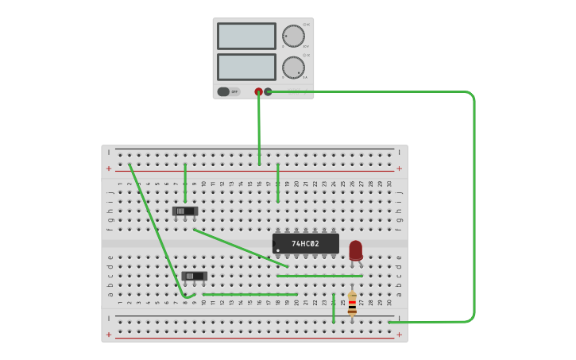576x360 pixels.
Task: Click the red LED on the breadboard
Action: (355, 250)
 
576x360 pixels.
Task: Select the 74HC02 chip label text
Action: (305, 244)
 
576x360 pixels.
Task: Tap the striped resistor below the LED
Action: (352, 303)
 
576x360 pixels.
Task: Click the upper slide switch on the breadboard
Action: (184, 211)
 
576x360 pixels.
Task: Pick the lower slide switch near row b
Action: (194, 277)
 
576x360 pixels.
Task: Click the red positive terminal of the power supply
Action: (258, 91)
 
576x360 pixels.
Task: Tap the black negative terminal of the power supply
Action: (269, 91)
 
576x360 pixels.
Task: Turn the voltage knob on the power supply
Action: (293, 36)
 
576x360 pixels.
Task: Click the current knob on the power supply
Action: (293, 68)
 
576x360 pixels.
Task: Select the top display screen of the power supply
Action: (246, 36)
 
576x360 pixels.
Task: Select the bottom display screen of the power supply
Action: (246, 67)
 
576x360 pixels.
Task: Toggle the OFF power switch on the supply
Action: (229, 91)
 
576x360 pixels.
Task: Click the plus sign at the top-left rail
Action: (109, 168)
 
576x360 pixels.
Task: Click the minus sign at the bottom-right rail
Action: (399, 318)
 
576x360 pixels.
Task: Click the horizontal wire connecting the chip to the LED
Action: (319, 276)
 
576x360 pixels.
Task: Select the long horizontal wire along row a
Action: (249, 294)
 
